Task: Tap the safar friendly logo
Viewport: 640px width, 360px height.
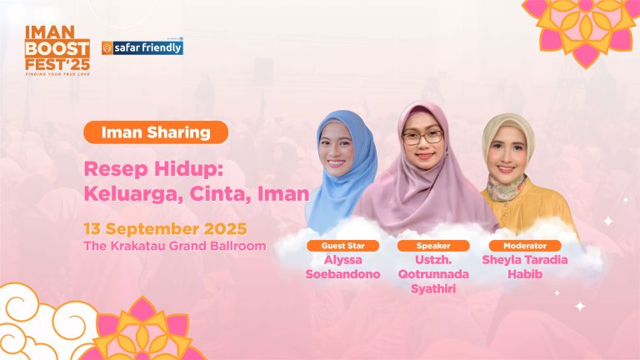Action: click(x=142, y=47)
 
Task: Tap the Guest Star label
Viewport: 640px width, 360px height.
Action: click(x=343, y=246)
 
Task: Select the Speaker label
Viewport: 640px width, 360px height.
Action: click(x=432, y=246)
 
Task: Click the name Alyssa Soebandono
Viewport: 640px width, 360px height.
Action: click(x=343, y=267)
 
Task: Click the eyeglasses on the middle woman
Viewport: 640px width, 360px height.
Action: click(x=422, y=137)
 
